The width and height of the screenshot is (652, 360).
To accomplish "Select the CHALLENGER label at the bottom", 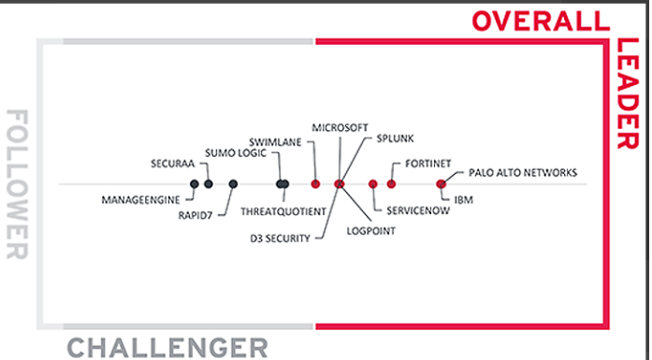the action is pyautogui.click(x=167, y=348).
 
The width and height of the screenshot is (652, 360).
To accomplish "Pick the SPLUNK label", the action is pyautogui.click(x=396, y=138).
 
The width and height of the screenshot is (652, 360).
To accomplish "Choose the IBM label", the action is pyautogui.click(x=463, y=199).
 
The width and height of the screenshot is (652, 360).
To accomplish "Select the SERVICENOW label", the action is pyautogui.click(x=412, y=211).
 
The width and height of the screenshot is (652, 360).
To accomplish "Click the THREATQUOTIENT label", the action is pyautogui.click(x=283, y=211).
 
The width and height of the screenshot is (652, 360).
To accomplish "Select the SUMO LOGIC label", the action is pyautogui.click(x=237, y=151).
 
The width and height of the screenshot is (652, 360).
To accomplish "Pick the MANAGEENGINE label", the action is pyautogui.click(x=140, y=199).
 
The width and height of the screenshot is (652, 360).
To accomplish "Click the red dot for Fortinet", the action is pyautogui.click(x=392, y=183).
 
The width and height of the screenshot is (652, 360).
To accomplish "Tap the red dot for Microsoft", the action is pyautogui.click(x=315, y=183).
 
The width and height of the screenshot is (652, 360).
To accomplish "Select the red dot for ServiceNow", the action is pyautogui.click(x=373, y=184).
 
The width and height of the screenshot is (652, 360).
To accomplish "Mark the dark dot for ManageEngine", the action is pyautogui.click(x=195, y=184).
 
